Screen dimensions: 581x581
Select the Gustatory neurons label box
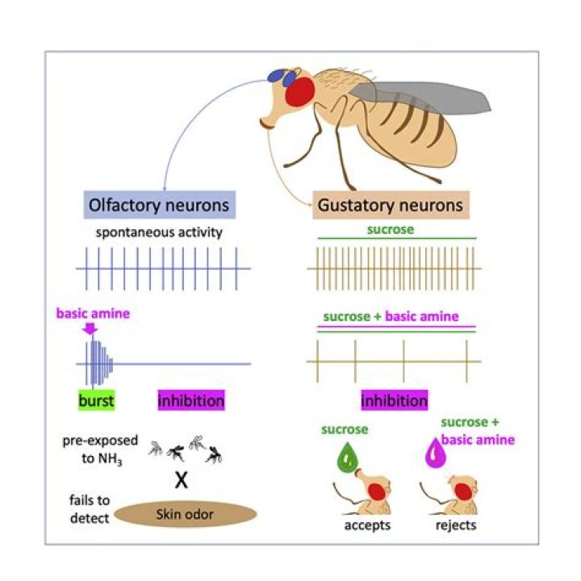click(x=390, y=206)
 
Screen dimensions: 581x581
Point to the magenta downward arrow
click(x=90, y=328)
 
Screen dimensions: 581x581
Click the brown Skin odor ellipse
click(x=186, y=514)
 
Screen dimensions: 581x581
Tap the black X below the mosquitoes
click(x=182, y=481)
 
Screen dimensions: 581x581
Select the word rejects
click(x=454, y=525)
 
